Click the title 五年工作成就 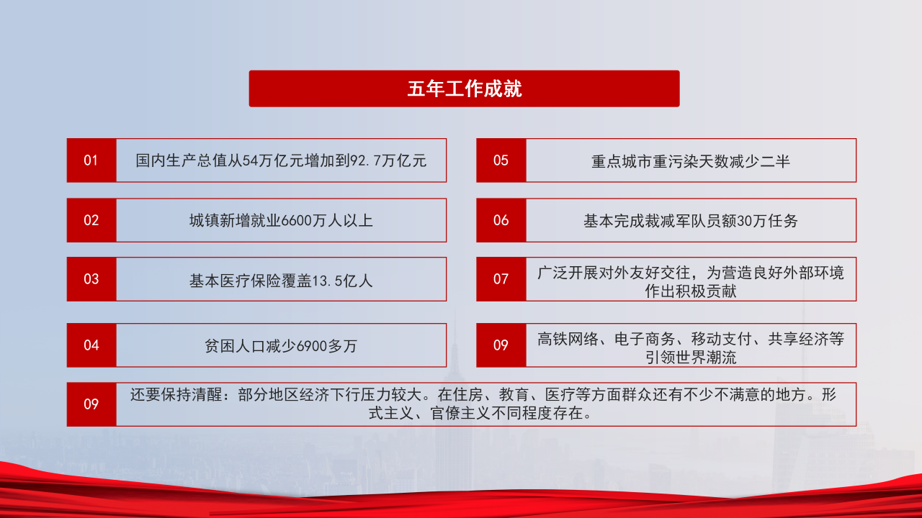click(464, 88)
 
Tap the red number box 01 click(91, 160)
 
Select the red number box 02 click(91, 220)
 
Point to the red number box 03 click(91, 279)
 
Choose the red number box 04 click(91, 345)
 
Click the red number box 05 click(501, 160)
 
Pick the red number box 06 click(501, 220)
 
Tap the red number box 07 click(501, 279)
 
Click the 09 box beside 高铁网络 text click(501, 345)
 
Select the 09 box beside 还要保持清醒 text click(91, 404)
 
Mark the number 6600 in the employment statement click(294, 220)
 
